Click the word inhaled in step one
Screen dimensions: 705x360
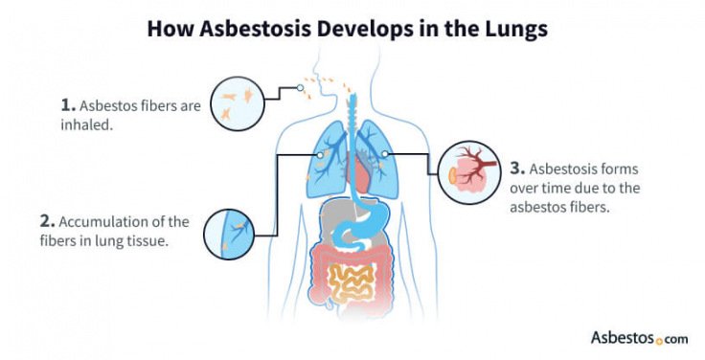(x=99, y=124)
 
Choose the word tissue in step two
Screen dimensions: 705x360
(x=149, y=240)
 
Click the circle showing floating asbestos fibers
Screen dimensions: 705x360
(x=235, y=99)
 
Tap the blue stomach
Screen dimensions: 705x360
(x=369, y=216)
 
